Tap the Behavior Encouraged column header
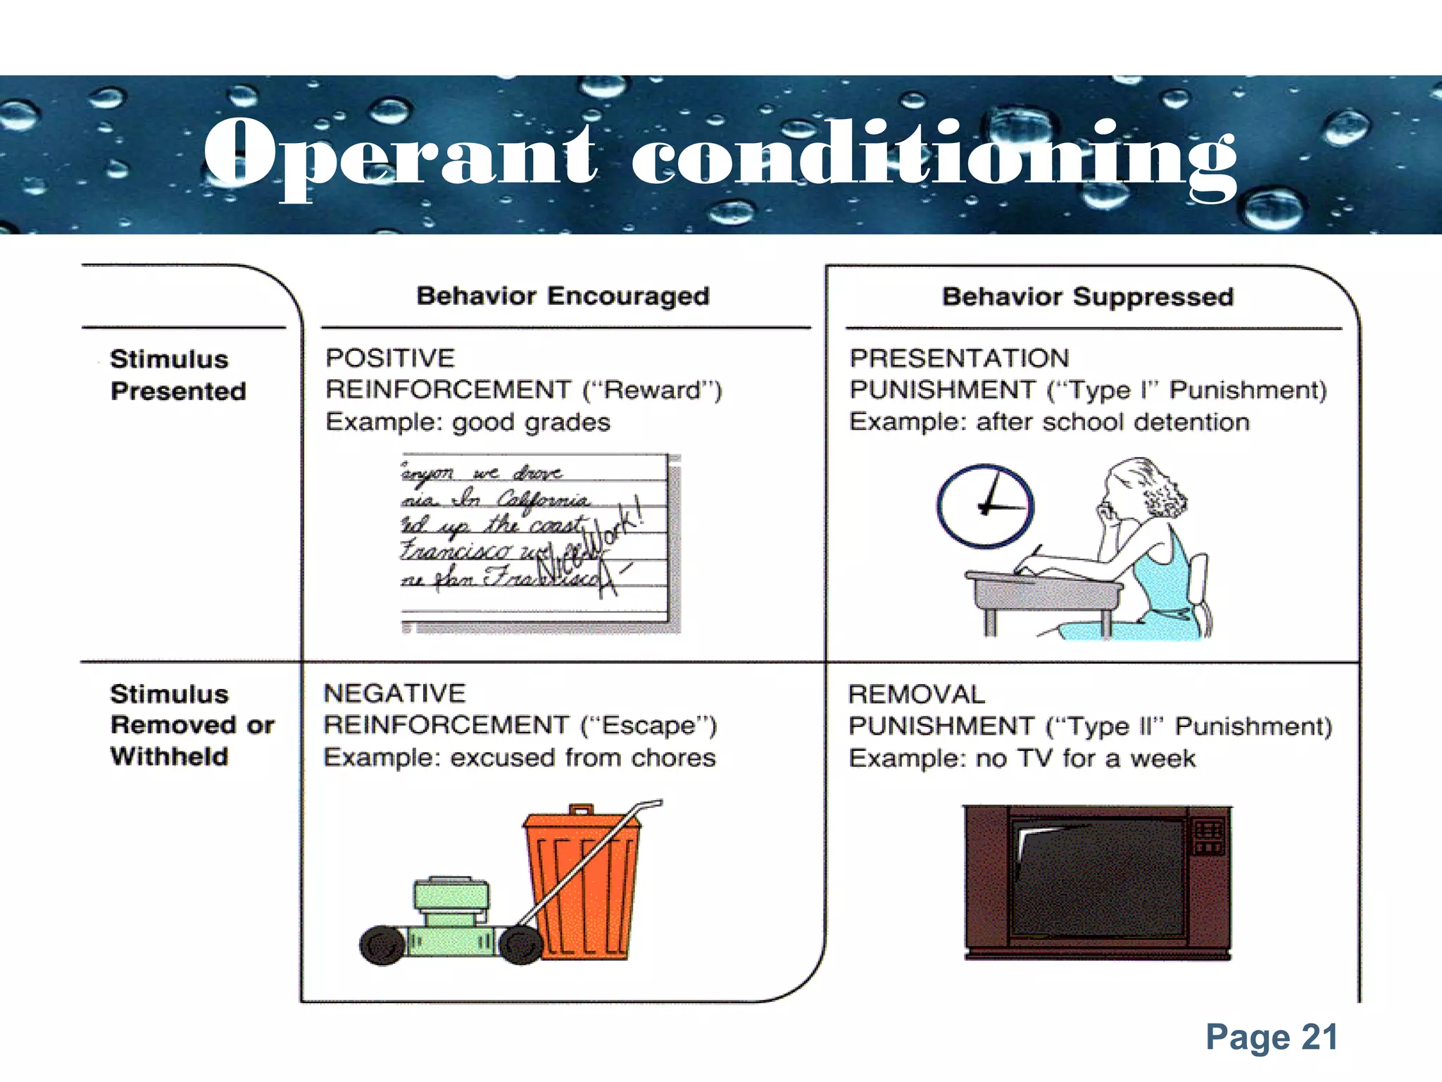coord(563,296)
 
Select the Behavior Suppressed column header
coord(1088,297)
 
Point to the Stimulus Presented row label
coord(177,375)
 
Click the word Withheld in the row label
coord(170,757)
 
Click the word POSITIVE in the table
coord(390,358)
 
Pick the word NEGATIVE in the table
coord(394,693)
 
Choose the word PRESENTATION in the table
coord(959,358)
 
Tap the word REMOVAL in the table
coord(916,695)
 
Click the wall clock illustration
coord(984,506)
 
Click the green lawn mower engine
coord(451,902)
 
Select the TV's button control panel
coord(1208,835)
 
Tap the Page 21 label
coord(1272,1037)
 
